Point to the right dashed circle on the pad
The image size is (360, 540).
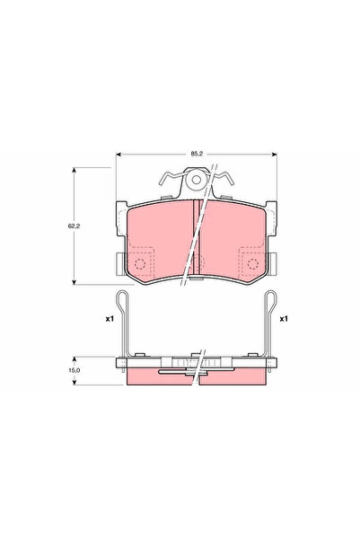[250, 263]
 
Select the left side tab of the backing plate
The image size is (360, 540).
[119, 263]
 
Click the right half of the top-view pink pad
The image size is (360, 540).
[235, 238]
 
